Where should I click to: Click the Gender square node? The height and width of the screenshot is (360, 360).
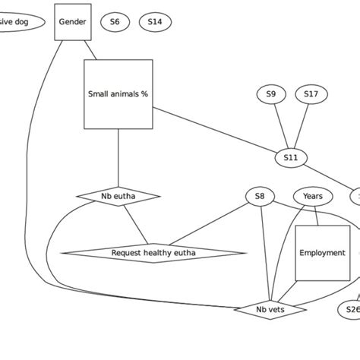[73, 22]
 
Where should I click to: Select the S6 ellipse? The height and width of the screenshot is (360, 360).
[115, 22]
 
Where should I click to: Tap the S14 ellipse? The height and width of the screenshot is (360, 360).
[155, 22]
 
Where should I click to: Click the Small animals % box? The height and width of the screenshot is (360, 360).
[118, 94]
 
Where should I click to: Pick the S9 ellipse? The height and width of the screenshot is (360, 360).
[271, 94]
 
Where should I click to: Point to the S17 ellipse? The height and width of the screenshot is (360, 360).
[311, 94]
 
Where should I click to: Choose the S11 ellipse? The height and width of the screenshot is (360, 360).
[291, 158]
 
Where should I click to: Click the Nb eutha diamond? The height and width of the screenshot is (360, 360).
[118, 197]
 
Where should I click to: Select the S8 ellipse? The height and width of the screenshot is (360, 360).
[260, 197]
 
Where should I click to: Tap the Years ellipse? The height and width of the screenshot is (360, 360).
[312, 197]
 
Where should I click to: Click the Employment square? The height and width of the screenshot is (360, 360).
[322, 253]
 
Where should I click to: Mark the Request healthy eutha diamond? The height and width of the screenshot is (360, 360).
[153, 253]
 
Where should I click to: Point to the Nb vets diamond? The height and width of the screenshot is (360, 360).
[270, 309]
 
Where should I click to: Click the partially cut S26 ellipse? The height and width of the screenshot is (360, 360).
[350, 309]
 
